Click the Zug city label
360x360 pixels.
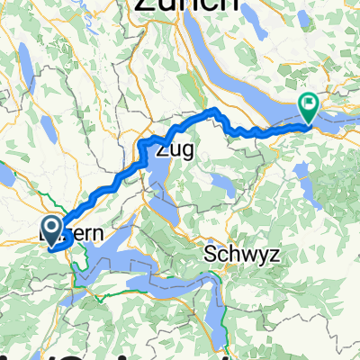pyautogui.click(x=176, y=149)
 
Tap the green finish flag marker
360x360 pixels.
pyautogui.click(x=309, y=107)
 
